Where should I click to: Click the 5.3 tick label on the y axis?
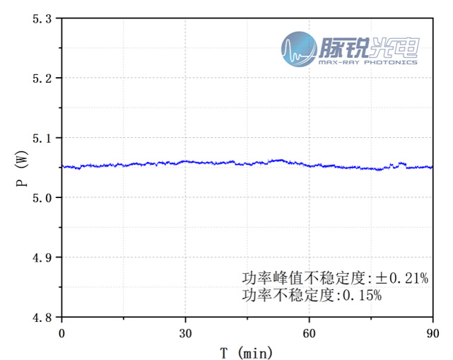[x=42, y=18]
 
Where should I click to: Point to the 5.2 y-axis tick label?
[x=42, y=78]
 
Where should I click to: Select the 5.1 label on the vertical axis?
[x=42, y=137]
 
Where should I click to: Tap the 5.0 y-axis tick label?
[x=42, y=197]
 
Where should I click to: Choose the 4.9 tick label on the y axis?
[x=42, y=257]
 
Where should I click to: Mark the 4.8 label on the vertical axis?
[x=42, y=317]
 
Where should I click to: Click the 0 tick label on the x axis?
[x=61, y=332]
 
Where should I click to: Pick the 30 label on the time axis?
[x=185, y=332]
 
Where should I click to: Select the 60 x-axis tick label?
[x=308, y=332]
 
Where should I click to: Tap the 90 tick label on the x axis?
[x=432, y=332]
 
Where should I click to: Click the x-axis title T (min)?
[x=246, y=352]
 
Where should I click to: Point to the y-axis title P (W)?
[x=21, y=168]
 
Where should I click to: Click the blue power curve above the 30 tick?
[x=185, y=162]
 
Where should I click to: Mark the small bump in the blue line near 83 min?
[x=402, y=164]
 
